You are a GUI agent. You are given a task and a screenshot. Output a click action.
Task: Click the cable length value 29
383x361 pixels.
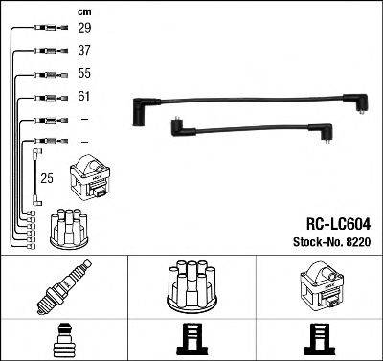click(x=83, y=29)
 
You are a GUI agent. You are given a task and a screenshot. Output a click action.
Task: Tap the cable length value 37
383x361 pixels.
click(x=83, y=51)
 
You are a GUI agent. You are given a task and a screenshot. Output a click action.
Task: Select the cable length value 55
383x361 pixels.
click(x=83, y=74)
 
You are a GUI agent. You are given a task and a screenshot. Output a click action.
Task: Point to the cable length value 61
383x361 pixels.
click(x=83, y=97)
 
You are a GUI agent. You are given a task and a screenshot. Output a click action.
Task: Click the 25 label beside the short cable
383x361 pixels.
click(x=46, y=176)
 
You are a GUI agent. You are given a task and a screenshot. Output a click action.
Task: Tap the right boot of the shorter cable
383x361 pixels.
click(x=327, y=133)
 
